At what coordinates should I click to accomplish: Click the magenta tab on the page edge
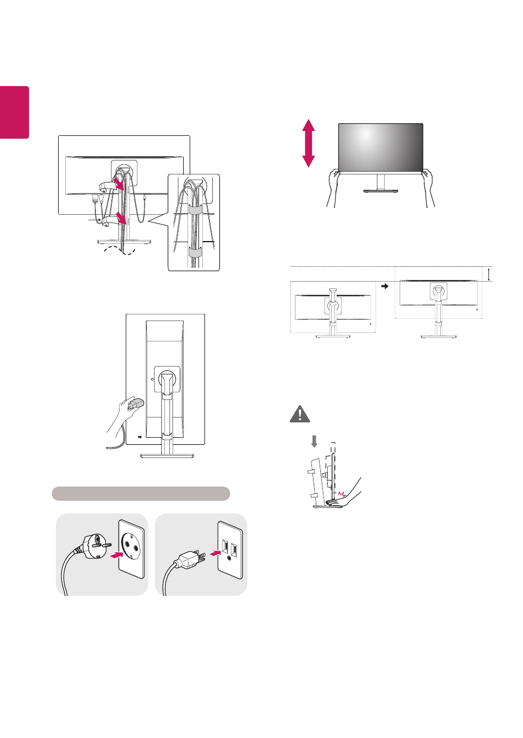point(14,112)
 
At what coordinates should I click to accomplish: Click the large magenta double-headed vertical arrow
point(309,143)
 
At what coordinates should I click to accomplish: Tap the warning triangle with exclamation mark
point(299,414)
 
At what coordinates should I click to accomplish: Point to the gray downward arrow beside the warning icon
point(314,440)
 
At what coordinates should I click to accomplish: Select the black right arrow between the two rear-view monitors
point(385,286)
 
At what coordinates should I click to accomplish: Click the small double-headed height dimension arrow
point(489,274)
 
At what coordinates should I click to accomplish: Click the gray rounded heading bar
point(141,493)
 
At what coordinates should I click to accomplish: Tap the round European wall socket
point(132,549)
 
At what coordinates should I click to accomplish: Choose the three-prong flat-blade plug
point(189,559)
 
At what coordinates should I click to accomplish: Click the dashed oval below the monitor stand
point(120,250)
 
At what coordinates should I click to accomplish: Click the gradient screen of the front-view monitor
point(380,147)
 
